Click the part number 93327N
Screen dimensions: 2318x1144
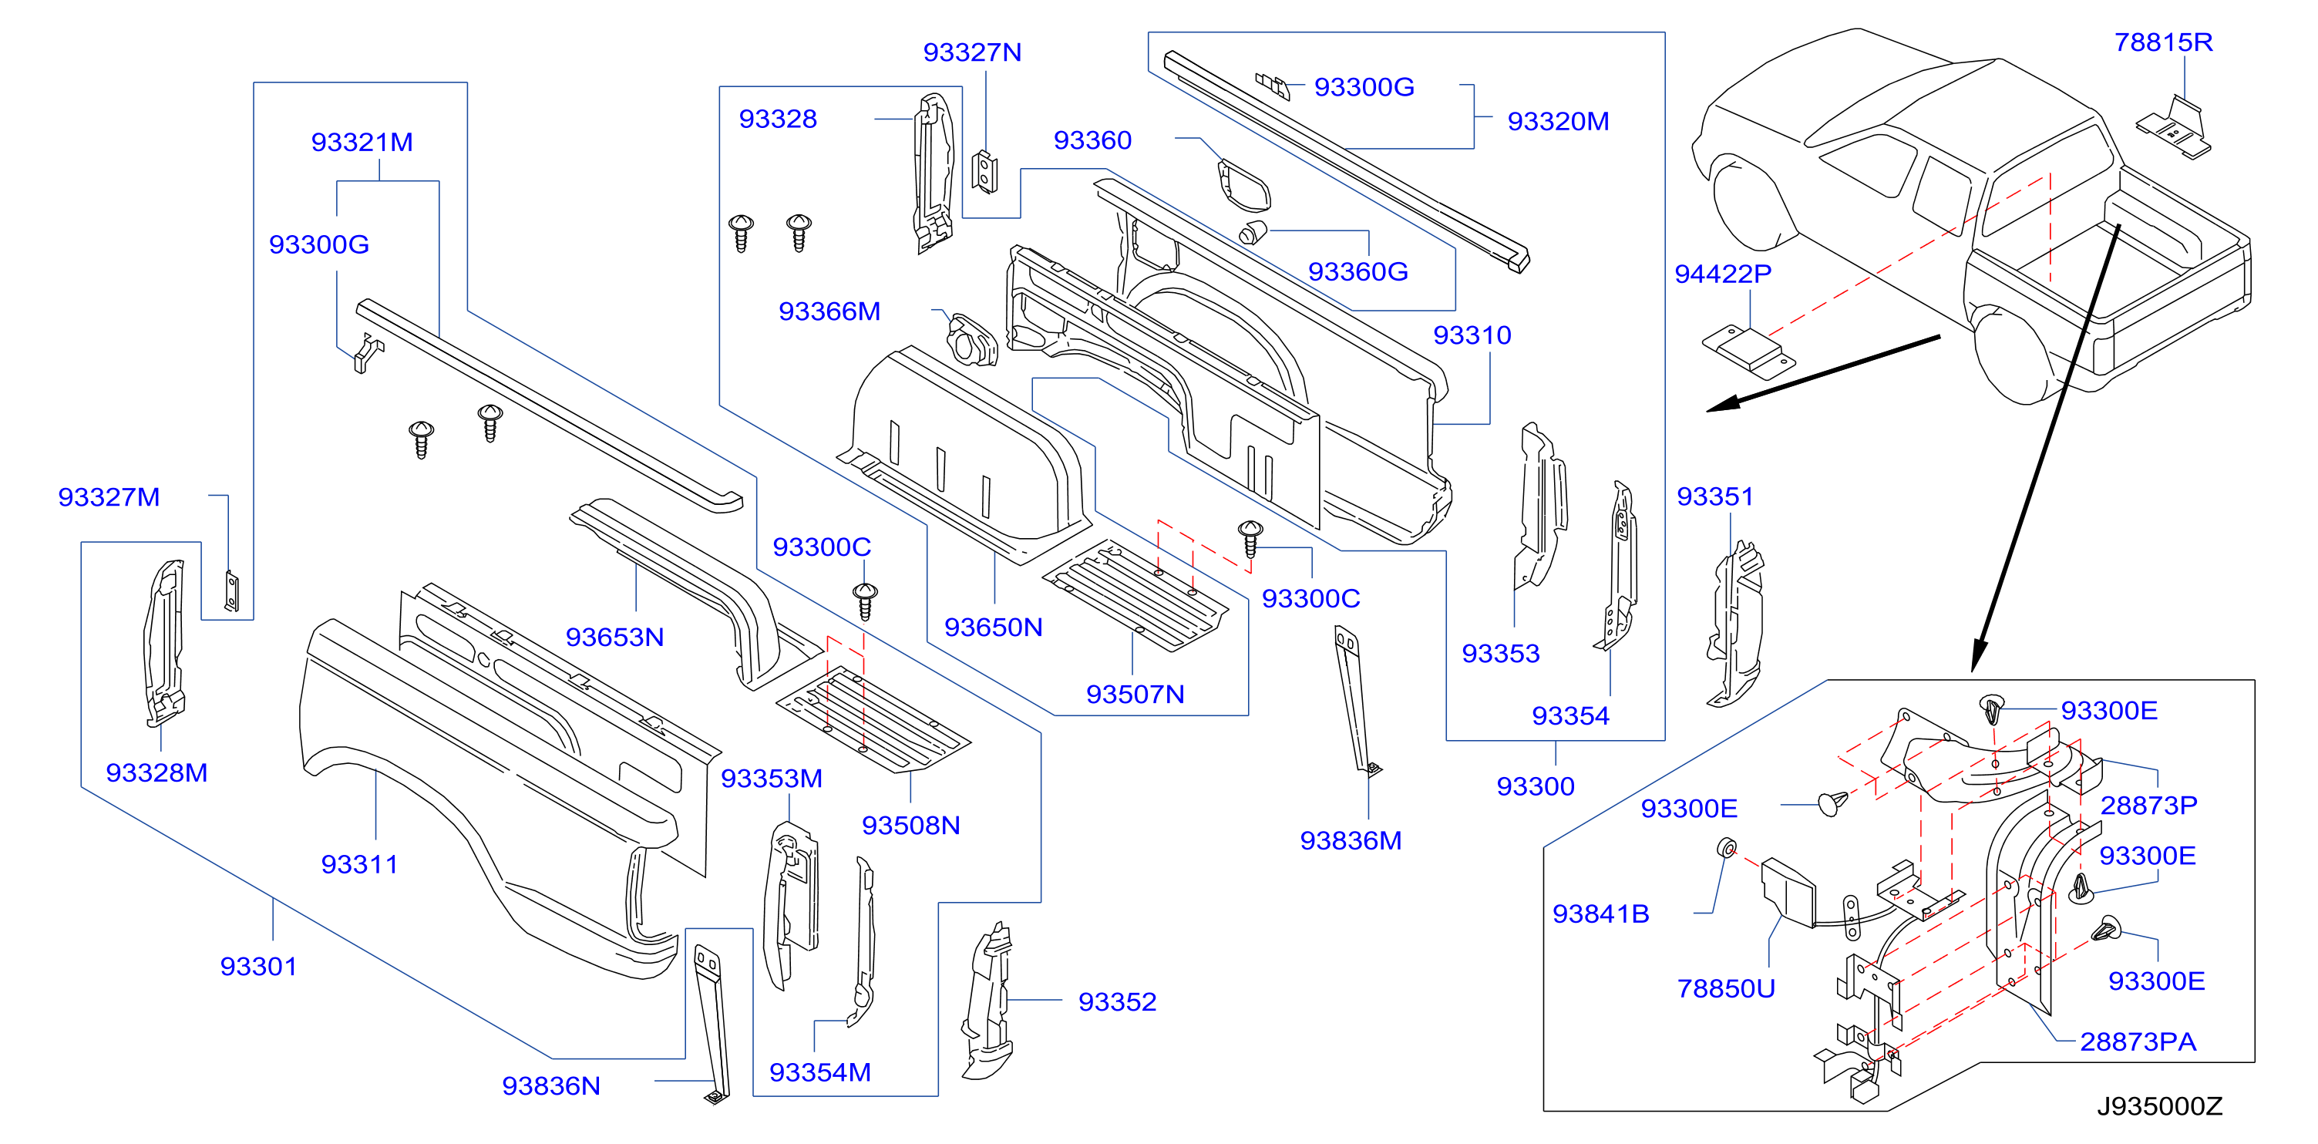click(x=972, y=52)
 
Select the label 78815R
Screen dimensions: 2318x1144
click(x=2163, y=42)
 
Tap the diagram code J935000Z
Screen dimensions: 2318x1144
click(x=2160, y=1106)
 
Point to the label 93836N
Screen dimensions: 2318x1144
click(x=550, y=1085)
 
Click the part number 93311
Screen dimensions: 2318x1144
click(x=359, y=864)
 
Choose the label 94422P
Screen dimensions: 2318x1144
click(x=1722, y=274)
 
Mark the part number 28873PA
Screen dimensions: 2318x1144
click(x=2138, y=1041)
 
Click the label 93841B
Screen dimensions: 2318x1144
click(x=1601, y=914)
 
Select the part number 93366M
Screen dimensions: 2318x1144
click(x=829, y=311)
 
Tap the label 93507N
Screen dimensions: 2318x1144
click(x=1135, y=694)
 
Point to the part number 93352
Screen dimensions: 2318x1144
click(x=1117, y=1002)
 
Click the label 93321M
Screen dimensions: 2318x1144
click(x=362, y=142)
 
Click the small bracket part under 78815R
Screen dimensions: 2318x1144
click(x=2174, y=128)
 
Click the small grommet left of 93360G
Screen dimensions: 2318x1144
click(x=1253, y=231)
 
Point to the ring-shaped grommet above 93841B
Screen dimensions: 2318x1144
click(x=1727, y=848)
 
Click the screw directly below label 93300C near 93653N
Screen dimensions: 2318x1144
click(x=865, y=601)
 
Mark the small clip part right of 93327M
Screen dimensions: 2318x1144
click(x=231, y=591)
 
